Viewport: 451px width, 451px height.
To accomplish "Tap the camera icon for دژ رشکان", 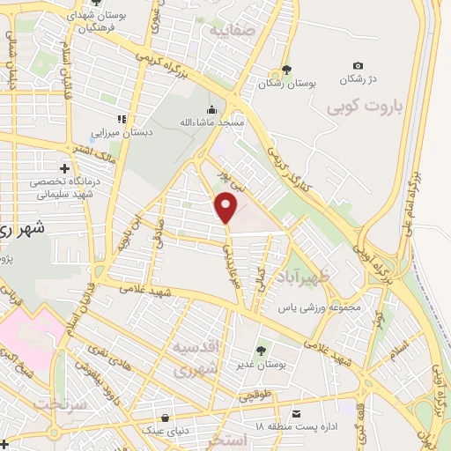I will (x=358, y=66).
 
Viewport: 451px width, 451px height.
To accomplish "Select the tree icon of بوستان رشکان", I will (x=286, y=70).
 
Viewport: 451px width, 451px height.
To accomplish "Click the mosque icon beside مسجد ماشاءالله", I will (x=211, y=111).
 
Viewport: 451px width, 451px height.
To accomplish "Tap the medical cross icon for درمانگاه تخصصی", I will (x=63, y=167).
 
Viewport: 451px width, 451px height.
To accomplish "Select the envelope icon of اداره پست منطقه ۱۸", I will (x=296, y=413).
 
